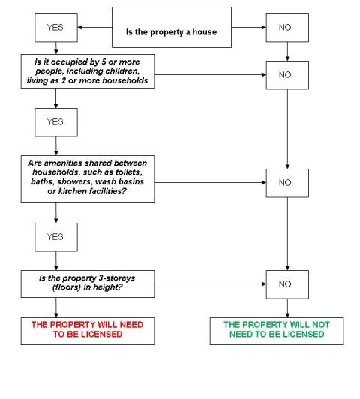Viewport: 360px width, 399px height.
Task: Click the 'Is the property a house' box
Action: pos(172,27)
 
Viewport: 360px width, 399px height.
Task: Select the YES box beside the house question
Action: pos(56,28)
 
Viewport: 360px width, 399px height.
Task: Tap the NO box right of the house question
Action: pos(287,28)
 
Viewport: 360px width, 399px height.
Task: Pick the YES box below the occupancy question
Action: pos(56,122)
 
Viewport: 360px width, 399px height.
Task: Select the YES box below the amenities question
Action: pos(56,237)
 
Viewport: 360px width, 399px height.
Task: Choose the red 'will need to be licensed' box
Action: pos(88,331)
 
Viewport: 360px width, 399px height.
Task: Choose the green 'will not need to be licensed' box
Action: pos(277,331)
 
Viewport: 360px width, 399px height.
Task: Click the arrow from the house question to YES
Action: pos(94,27)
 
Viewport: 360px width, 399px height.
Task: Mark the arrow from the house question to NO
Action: pos(249,27)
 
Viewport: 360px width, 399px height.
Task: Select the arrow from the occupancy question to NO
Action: pos(210,74)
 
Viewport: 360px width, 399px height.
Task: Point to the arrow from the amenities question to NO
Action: pos(210,182)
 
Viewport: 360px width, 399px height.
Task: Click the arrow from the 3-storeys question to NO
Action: pos(210,283)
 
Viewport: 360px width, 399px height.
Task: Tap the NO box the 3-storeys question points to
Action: pos(287,284)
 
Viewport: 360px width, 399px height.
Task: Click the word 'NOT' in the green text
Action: pos(321,325)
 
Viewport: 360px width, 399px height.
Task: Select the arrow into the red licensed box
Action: pos(56,307)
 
